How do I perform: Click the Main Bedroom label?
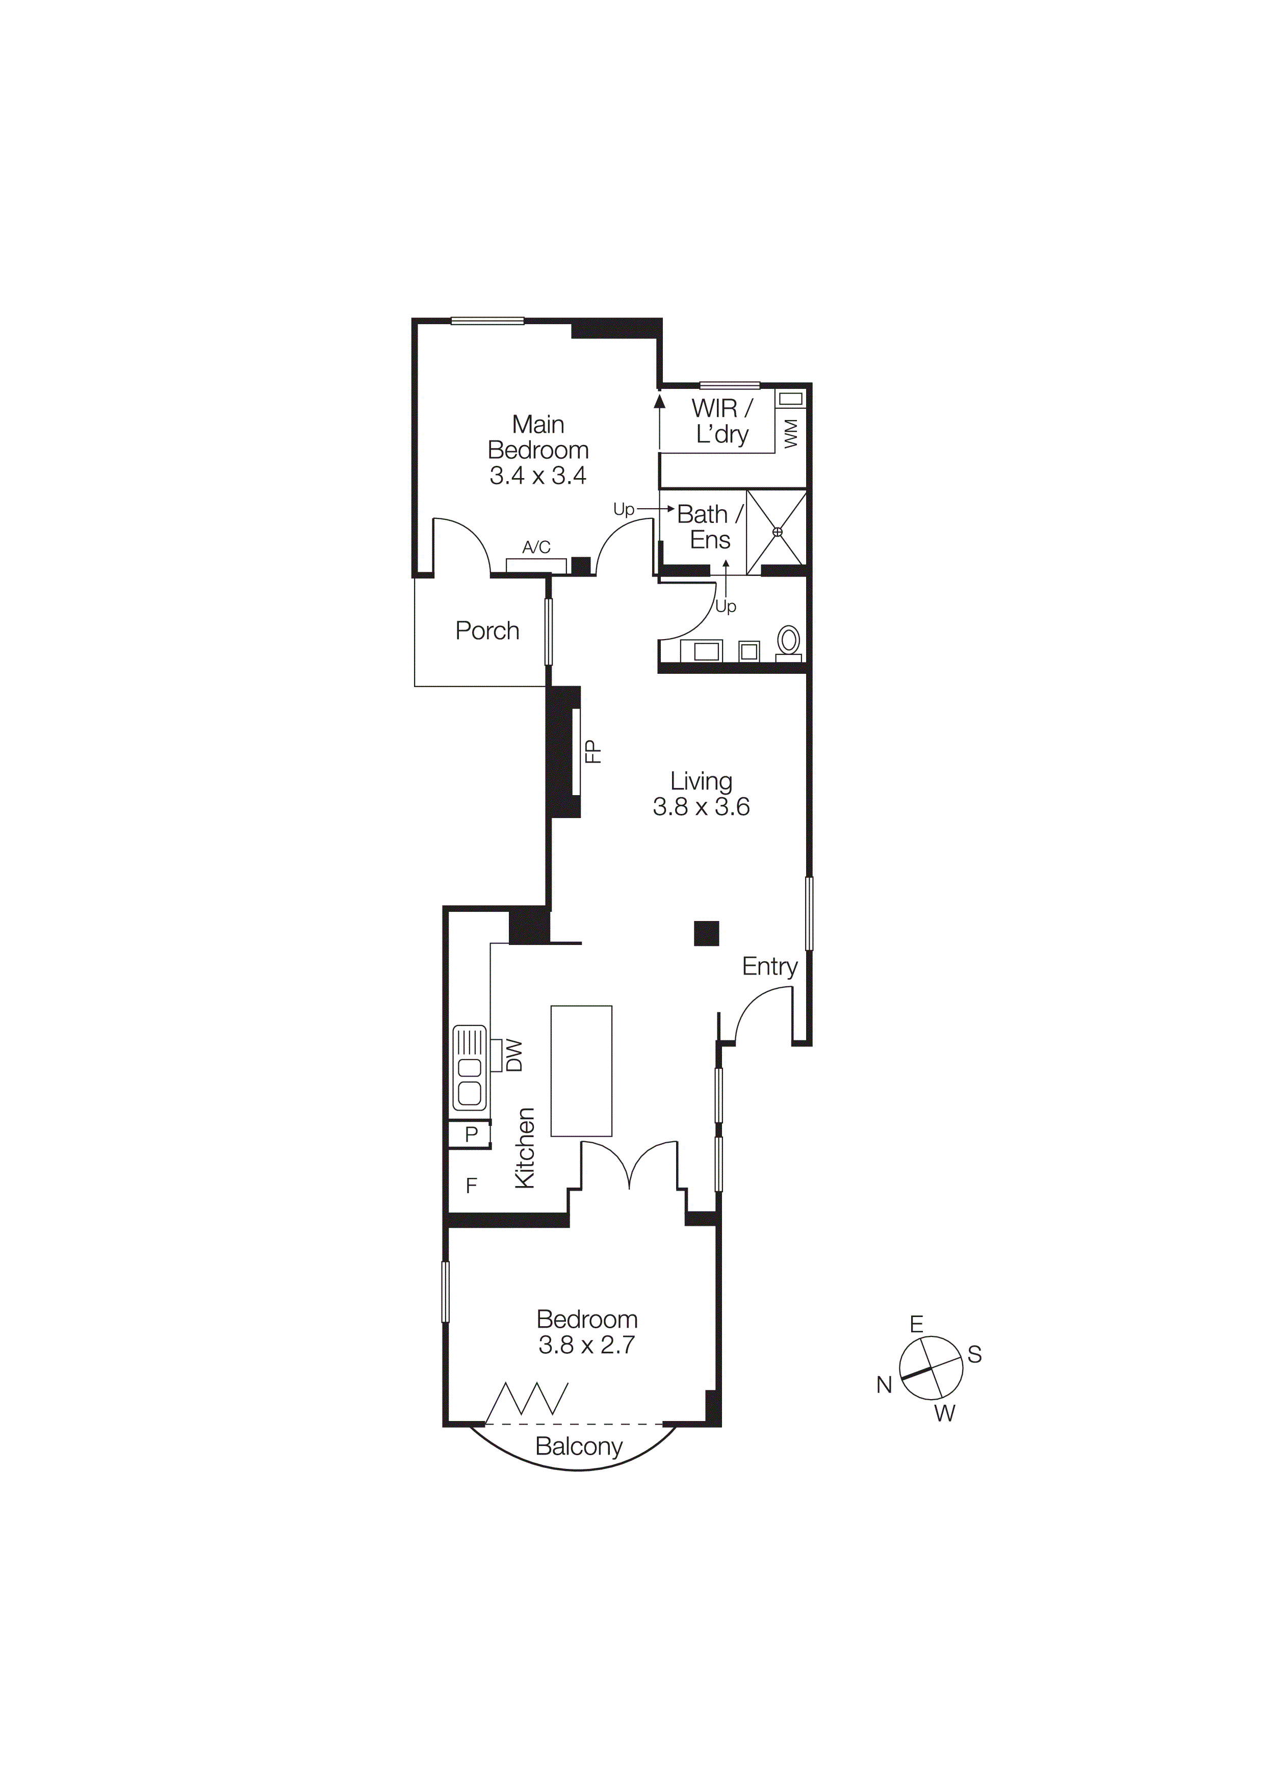tap(537, 450)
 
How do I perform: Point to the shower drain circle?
tap(777, 532)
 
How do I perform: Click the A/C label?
tap(536, 547)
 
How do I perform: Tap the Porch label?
tap(487, 631)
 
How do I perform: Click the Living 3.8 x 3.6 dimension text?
tap(701, 807)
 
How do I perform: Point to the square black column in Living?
tap(706, 933)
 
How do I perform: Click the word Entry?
tap(769, 966)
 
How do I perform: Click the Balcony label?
tap(579, 1447)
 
